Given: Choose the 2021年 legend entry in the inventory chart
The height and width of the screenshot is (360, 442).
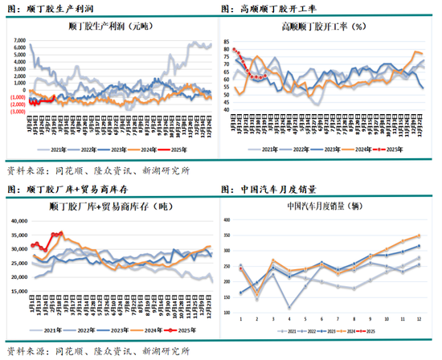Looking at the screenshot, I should [x=51, y=330].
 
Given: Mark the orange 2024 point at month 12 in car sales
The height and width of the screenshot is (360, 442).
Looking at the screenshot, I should [x=419, y=235].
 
